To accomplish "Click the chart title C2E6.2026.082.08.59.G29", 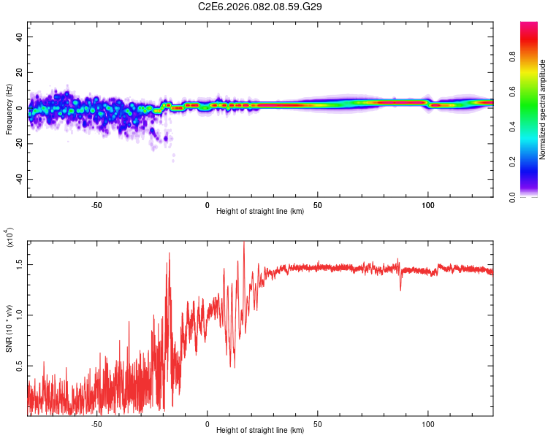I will pyautogui.click(x=261, y=7).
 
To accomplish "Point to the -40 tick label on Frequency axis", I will pyautogui.click(x=18, y=179).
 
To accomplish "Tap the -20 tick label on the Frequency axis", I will pyautogui.click(x=18, y=144).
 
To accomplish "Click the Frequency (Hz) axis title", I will pyautogui.click(x=9, y=109).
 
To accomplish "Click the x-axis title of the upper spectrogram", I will pyautogui.click(x=260, y=212).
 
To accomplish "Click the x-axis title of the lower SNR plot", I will pyautogui.click(x=260, y=430).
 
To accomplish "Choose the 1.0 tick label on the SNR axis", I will pyautogui.click(x=20, y=315).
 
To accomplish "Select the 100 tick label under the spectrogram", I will pyautogui.click(x=428, y=204).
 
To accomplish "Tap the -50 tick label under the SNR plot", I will pyautogui.click(x=96, y=423).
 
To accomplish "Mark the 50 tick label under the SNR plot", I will pyautogui.click(x=318, y=423).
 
